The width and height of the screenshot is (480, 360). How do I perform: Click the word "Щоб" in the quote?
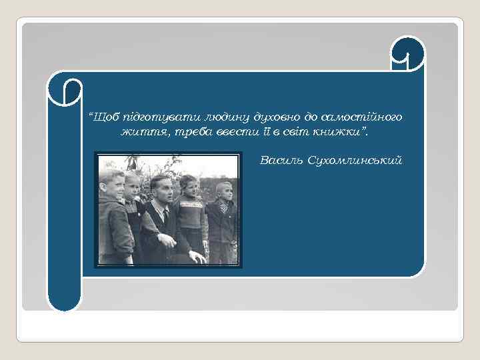105,117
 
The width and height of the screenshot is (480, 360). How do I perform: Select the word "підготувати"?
161,117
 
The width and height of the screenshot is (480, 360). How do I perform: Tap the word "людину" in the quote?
227,117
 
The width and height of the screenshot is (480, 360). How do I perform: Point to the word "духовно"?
277,117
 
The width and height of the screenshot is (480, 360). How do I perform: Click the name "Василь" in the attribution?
281,160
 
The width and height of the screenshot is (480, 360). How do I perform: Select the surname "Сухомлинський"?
355,160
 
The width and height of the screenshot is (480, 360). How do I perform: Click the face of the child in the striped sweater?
190,187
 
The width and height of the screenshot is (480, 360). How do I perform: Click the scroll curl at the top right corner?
408,53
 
